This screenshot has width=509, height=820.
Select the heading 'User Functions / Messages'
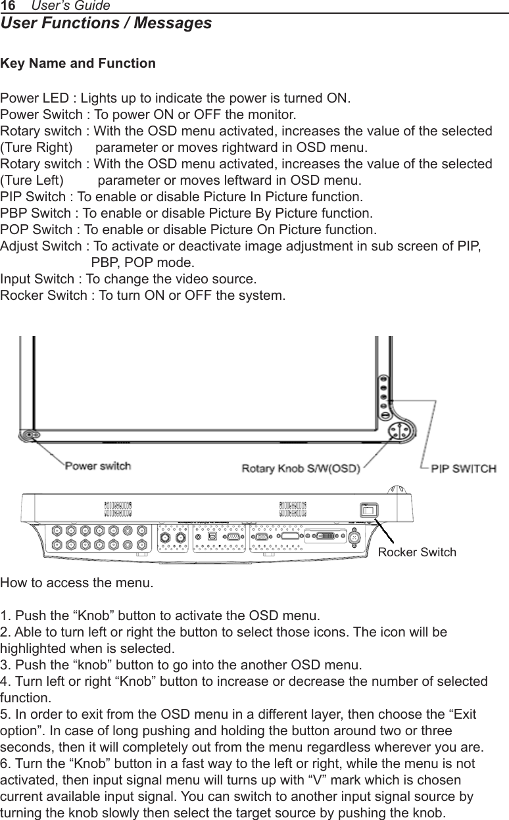point(106,24)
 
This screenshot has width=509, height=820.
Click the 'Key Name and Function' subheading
point(78,64)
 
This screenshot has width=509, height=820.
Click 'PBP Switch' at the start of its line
point(37,214)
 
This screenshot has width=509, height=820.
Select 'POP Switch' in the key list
point(37,230)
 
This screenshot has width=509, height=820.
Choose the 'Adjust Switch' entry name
point(42,247)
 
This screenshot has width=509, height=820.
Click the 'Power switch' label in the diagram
point(97,466)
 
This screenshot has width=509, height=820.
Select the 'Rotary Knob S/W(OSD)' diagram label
point(301,469)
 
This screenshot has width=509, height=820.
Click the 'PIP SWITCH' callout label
point(464,469)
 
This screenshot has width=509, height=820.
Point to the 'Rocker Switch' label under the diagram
point(417,552)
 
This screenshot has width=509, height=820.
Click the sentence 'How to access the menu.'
point(76,583)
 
